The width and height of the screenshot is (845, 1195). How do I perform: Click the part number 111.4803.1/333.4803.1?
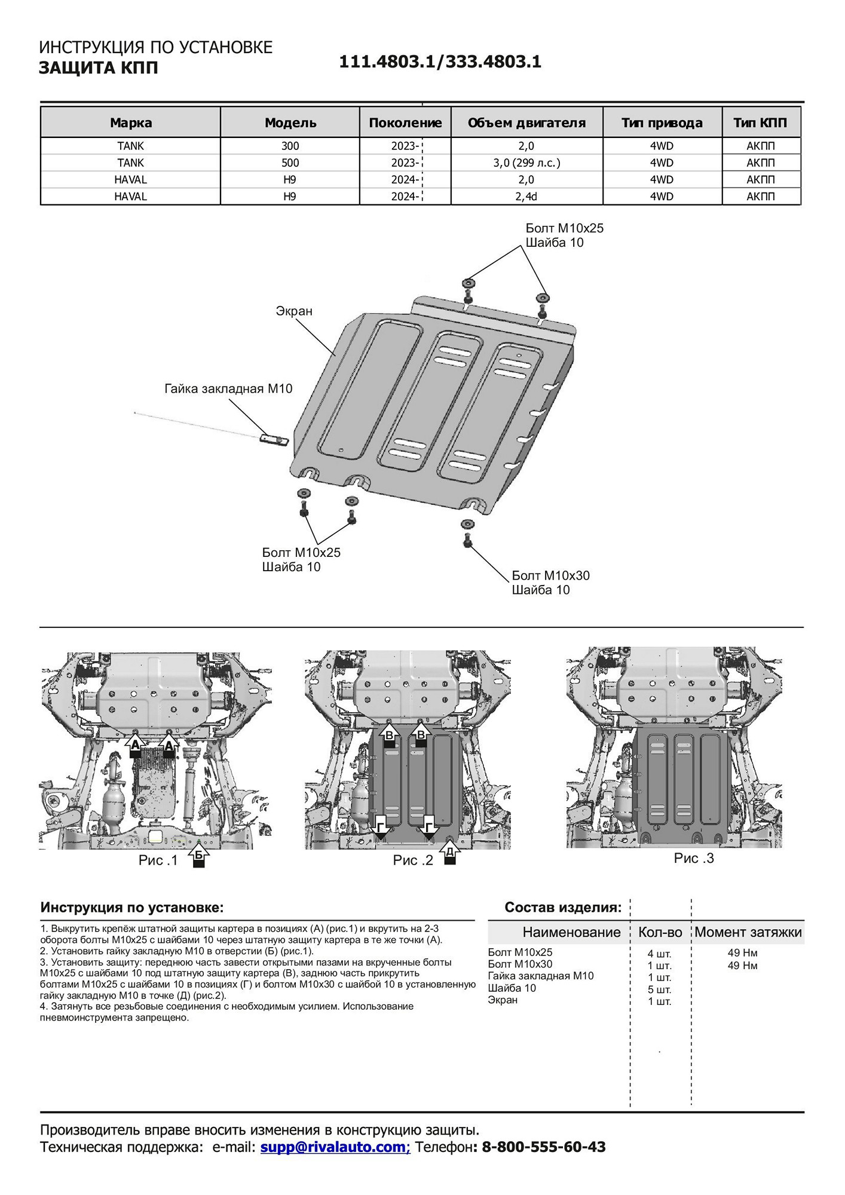click(x=440, y=62)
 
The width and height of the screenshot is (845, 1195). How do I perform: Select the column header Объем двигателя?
click(x=526, y=123)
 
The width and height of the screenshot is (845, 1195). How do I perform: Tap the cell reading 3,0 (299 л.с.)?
click(x=526, y=163)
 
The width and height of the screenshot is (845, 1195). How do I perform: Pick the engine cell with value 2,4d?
click(x=526, y=197)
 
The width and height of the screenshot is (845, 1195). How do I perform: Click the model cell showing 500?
click(x=290, y=163)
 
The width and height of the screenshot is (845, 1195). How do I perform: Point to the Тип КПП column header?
click(x=760, y=123)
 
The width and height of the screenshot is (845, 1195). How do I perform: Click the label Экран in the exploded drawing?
click(x=294, y=311)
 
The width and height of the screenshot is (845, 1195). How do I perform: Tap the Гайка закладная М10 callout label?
click(x=228, y=389)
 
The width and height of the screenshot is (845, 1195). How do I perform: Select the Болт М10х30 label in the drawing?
click(x=550, y=575)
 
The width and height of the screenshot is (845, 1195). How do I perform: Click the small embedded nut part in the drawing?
click(x=274, y=440)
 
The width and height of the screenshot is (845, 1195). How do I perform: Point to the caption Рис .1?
click(x=158, y=860)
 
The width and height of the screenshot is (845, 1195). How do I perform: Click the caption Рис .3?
click(x=694, y=859)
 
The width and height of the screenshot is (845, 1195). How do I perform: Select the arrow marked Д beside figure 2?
click(x=450, y=853)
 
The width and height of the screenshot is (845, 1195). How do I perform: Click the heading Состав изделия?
click(x=563, y=908)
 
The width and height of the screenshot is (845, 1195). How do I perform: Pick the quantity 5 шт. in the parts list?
click(x=659, y=990)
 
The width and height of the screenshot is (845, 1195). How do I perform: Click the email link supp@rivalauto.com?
click(x=335, y=1147)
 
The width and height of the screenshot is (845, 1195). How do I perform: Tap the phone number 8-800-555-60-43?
click(x=543, y=1147)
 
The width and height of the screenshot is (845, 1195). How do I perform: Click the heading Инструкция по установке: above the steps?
click(x=132, y=908)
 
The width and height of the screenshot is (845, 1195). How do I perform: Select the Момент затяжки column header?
click(x=748, y=933)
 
